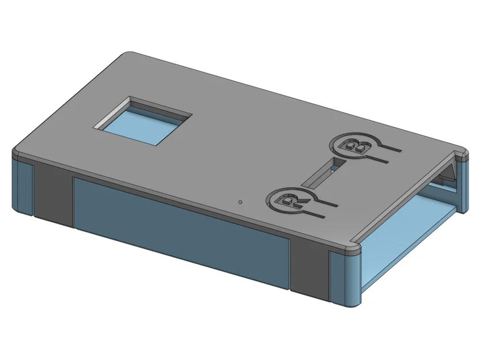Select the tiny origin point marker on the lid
(x=240, y=202)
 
